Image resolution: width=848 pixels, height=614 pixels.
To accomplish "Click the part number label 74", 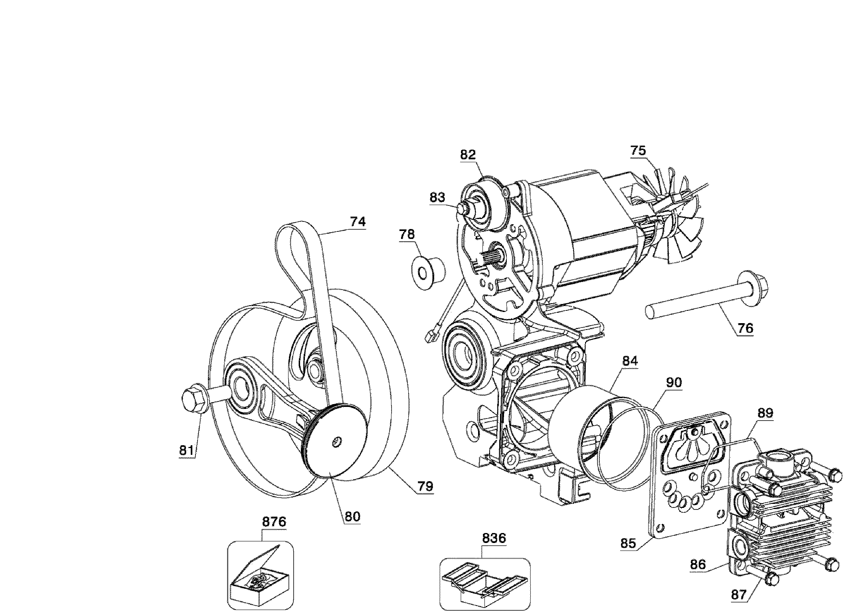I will [358, 221].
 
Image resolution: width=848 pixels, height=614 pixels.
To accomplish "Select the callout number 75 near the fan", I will [638, 151].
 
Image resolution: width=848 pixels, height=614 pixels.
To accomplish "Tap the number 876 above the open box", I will [274, 522].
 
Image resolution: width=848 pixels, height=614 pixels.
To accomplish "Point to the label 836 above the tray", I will [494, 538].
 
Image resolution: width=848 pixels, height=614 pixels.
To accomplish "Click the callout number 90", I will [674, 383].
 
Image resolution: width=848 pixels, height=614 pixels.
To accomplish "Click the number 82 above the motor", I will [468, 155].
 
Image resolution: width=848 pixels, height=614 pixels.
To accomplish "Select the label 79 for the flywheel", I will [425, 486].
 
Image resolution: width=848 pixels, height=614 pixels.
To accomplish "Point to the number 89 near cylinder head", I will [765, 413].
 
